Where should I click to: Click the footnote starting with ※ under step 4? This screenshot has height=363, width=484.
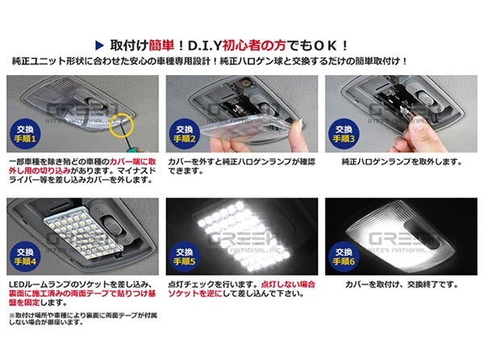click(81, 318)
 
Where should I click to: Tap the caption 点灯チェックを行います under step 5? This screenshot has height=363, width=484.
click(202, 285)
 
